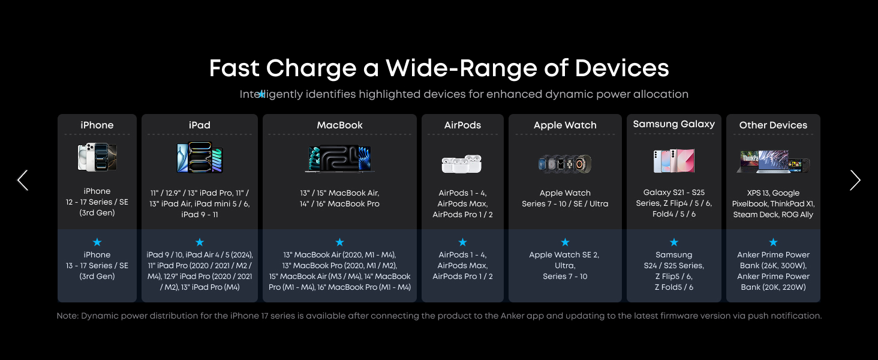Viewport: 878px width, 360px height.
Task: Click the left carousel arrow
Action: pyautogui.click(x=22, y=181)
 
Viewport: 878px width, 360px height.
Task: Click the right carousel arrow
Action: pyautogui.click(x=855, y=181)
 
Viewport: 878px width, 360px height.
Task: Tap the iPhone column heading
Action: pyautogui.click(x=97, y=125)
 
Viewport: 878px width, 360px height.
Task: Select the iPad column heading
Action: pyautogui.click(x=200, y=125)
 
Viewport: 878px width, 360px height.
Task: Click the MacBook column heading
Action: pyautogui.click(x=339, y=125)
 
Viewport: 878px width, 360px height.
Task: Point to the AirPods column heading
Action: pyautogui.click(x=462, y=125)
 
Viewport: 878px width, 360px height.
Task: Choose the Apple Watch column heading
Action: pyautogui.click(x=565, y=125)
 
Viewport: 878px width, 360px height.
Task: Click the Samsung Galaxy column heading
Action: pyautogui.click(x=673, y=124)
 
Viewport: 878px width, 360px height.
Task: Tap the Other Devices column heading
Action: pyautogui.click(x=773, y=125)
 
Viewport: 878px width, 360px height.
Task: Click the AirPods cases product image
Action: pyautogui.click(x=462, y=164)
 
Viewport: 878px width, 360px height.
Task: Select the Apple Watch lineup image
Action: pyautogui.click(x=565, y=164)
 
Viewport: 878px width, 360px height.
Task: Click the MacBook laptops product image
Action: pyautogui.click(x=339, y=159)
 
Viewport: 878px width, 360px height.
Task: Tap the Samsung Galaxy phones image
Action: pyautogui.click(x=673, y=161)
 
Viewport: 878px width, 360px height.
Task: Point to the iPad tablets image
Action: pyautogui.click(x=200, y=157)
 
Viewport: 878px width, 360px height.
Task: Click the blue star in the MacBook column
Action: pyautogui.click(x=339, y=242)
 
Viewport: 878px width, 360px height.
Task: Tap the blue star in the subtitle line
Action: pyautogui.click(x=261, y=94)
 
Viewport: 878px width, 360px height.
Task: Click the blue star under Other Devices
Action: pyautogui.click(x=773, y=242)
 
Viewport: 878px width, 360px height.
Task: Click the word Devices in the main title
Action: pyautogui.click(x=622, y=68)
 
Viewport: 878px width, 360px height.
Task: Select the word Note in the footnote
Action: pyautogui.click(x=67, y=316)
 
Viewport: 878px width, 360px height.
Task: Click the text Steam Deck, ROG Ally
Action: pyautogui.click(x=773, y=215)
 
